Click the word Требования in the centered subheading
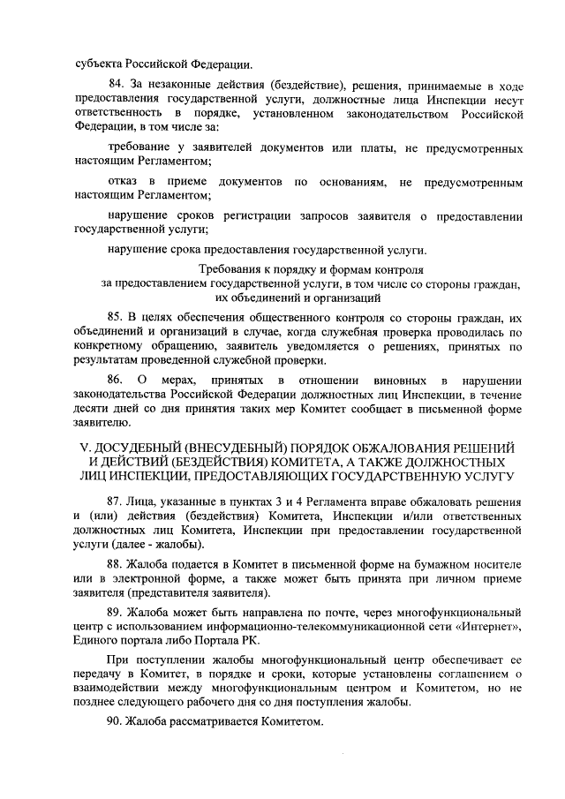(229, 268)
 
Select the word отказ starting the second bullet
(124, 182)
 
